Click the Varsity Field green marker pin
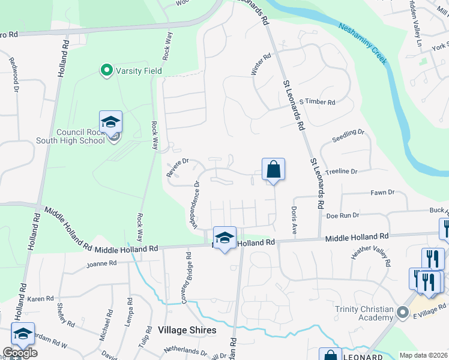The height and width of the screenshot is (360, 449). (107, 71)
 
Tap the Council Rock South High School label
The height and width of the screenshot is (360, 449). (80, 136)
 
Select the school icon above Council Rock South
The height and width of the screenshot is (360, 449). (110, 122)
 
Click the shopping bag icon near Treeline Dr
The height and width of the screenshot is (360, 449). (273, 170)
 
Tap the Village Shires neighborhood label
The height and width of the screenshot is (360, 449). (187, 330)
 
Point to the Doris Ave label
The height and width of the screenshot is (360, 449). (294, 220)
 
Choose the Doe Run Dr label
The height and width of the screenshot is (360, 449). (342, 215)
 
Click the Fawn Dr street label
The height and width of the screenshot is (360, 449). (382, 193)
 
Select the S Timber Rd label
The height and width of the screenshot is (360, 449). (317, 102)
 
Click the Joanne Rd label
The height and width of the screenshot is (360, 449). (101, 263)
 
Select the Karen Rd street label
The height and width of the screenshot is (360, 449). (41, 298)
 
